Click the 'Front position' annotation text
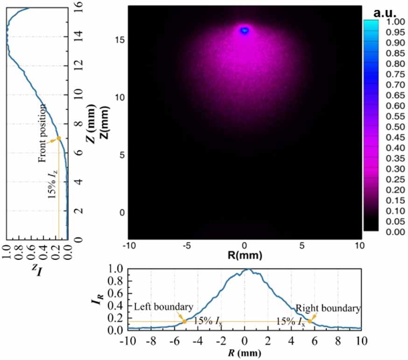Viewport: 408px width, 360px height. (42, 133)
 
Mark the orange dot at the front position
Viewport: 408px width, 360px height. (59, 138)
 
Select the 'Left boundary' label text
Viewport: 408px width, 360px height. (163, 308)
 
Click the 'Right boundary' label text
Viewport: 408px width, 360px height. (328, 308)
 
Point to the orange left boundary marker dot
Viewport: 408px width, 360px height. (184, 321)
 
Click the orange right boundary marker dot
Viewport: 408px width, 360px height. (310, 321)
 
